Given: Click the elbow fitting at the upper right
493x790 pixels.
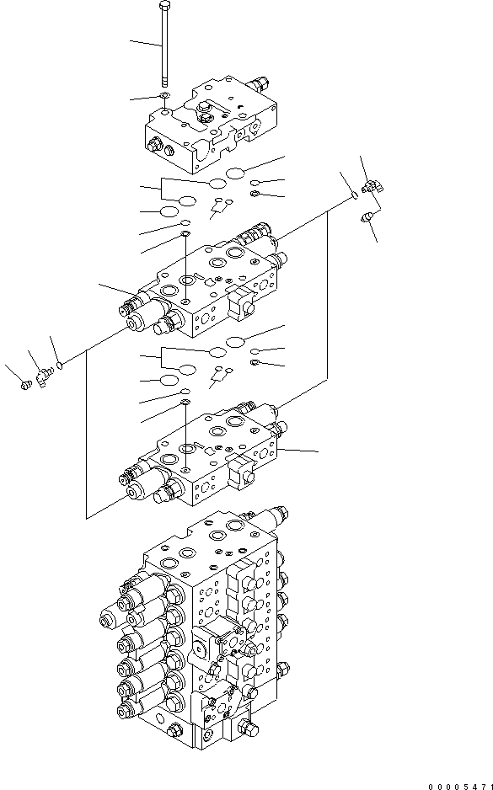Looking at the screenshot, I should click(x=371, y=187).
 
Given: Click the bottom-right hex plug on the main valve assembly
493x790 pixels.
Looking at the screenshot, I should click(x=245, y=729).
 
